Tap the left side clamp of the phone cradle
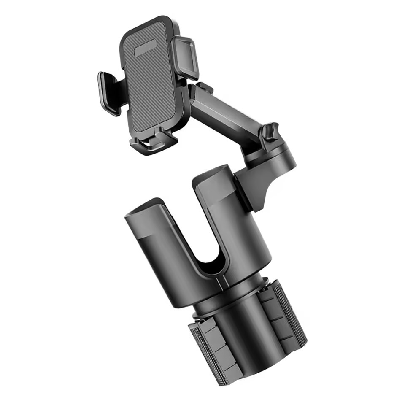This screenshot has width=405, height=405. pyautogui.click(x=109, y=93)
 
